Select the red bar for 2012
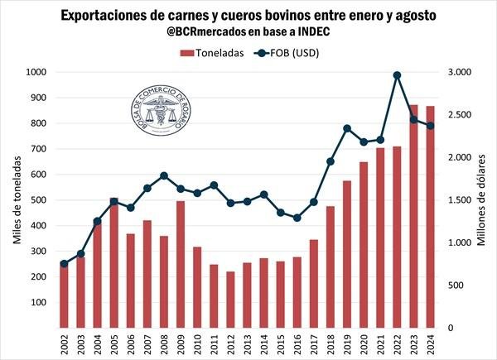[230, 300]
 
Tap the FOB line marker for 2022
[398, 75]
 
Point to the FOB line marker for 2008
[164, 175]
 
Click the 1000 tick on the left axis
[36, 73]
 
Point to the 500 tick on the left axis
[40, 200]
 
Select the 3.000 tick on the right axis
[459, 73]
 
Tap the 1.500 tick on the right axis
[459, 200]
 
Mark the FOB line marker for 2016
[297, 218]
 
